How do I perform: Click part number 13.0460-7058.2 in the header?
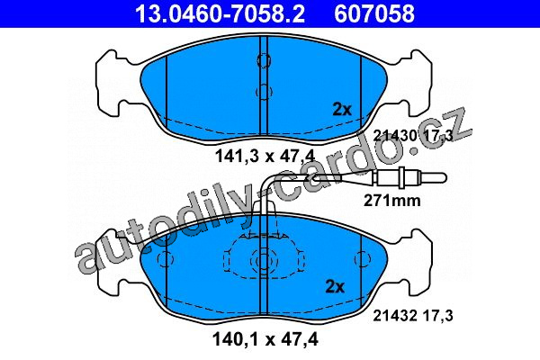[x=220, y=13]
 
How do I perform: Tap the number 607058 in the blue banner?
[x=374, y=13]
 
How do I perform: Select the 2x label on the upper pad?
[x=342, y=110]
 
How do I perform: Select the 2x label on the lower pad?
[x=335, y=286]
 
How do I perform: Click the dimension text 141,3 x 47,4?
[x=265, y=157]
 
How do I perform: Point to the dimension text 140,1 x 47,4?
[x=265, y=339]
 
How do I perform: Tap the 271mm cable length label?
[x=392, y=200]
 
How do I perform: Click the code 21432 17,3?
[x=413, y=316]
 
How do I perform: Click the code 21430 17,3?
[x=413, y=136]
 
